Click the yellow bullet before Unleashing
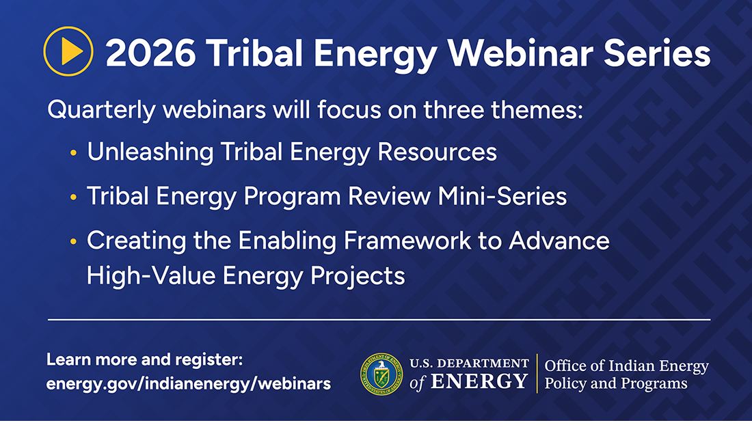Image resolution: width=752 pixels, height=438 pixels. pyautogui.click(x=73, y=153)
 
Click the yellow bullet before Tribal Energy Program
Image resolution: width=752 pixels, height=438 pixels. pyautogui.click(x=73, y=197)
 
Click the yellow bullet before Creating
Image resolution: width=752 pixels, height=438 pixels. pyautogui.click(x=73, y=241)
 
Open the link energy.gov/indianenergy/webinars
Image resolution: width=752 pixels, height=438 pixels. pyautogui.click(x=189, y=383)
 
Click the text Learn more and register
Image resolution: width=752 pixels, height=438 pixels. pyautogui.click(x=145, y=359)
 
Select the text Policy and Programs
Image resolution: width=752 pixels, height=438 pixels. pyautogui.click(x=615, y=383)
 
